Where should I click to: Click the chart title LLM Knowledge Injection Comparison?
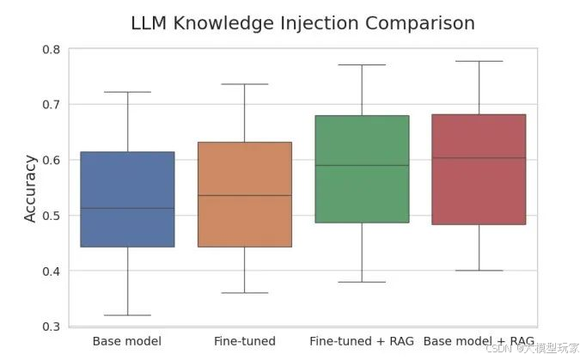[302, 23]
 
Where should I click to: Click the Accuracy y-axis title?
[31, 188]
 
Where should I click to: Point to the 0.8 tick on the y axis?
[50, 49]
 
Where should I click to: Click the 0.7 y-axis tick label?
[50, 105]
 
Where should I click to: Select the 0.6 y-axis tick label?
[50, 160]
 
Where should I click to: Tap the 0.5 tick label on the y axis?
[50, 216]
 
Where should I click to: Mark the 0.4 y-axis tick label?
[50, 272]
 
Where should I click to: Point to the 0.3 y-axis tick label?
[50, 326]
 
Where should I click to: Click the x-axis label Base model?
[126, 342]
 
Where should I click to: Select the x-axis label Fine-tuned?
[245, 342]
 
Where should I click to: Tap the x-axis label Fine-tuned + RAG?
[362, 342]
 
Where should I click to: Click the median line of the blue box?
[127, 208]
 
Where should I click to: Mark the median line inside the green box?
[361, 165]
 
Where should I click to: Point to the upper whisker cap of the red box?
[478, 61]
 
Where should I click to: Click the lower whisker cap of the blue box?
[127, 315]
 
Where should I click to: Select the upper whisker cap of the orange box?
[244, 84]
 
